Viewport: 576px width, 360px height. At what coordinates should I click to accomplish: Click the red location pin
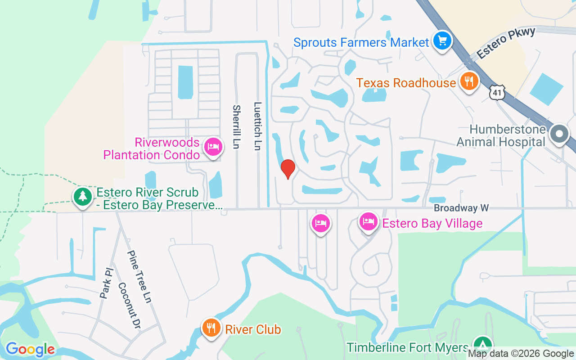pos(288,168)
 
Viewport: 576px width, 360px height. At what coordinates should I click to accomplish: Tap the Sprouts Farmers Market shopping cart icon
pos(442,41)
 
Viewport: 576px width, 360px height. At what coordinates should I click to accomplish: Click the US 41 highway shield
pos(497,92)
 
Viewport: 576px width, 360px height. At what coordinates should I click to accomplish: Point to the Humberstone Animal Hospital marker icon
pos(559,134)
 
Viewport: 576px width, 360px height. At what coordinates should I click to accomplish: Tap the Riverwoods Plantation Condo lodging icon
pos(213,147)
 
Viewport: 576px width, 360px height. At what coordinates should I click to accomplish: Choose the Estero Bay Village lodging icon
pos(368,222)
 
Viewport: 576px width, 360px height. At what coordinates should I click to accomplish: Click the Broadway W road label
pos(461,208)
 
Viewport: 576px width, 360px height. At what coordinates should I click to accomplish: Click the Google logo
pos(30,349)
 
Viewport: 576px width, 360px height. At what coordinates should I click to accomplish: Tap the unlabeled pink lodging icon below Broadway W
pos(320,223)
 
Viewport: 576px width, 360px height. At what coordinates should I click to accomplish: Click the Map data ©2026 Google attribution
pos(521,354)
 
